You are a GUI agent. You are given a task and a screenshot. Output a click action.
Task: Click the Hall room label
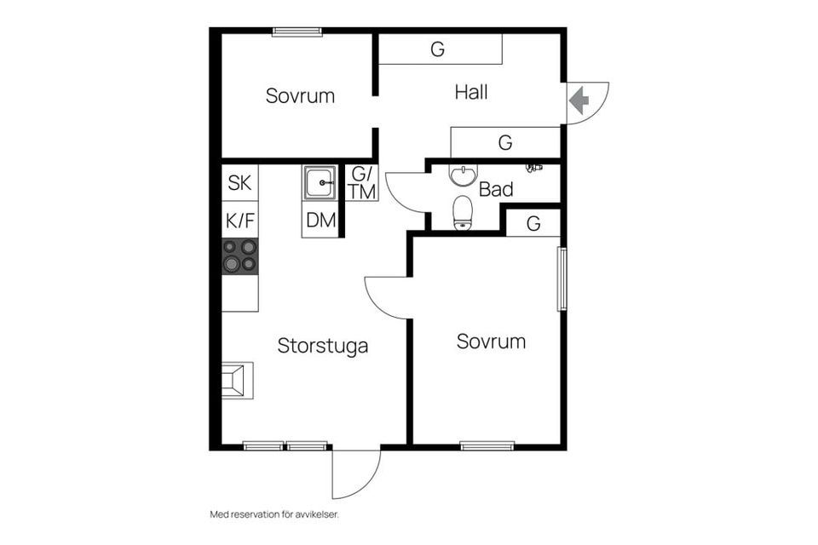tap(471, 92)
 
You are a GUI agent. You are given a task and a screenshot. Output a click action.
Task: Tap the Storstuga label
tap(322, 346)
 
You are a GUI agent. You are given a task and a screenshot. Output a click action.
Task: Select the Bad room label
tap(496, 189)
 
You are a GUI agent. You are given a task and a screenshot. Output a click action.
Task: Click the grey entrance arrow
tap(579, 100)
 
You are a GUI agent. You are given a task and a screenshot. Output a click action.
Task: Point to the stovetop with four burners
tap(240, 256)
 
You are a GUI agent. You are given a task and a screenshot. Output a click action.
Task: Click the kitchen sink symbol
tap(320, 182)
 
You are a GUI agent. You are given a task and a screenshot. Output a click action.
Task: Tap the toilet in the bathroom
tap(462, 213)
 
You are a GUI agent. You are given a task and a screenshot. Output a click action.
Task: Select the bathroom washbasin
tap(463, 175)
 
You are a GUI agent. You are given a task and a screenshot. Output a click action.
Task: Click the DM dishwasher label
tap(320, 221)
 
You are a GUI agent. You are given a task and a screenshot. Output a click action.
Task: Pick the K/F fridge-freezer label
tap(240, 221)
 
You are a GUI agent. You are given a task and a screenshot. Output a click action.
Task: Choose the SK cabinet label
tap(240, 183)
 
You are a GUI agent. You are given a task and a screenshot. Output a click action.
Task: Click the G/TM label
tap(361, 183)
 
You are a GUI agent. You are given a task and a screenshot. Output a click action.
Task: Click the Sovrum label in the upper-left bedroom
tap(300, 96)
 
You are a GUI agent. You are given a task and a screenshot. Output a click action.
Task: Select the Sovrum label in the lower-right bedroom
tap(491, 341)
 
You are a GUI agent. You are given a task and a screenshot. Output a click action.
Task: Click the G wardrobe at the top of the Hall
tap(440, 49)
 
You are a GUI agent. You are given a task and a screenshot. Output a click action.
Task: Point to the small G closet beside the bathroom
tap(533, 224)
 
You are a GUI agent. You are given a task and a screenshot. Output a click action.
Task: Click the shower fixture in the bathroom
tap(533, 168)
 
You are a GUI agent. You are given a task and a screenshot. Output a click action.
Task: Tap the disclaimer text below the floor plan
tap(274, 514)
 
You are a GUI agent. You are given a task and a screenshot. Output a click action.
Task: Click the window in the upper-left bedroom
tap(297, 32)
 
